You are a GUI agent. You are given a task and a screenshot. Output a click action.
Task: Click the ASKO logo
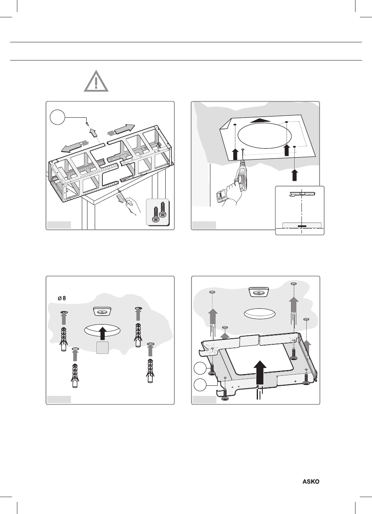[311, 482]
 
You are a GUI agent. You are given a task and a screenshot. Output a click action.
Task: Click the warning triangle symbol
[96, 82]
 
